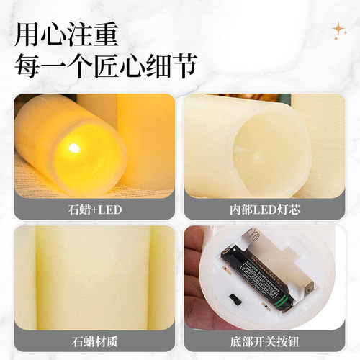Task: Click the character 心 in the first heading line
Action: [x=53, y=34]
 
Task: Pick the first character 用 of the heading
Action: [x=27, y=34]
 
